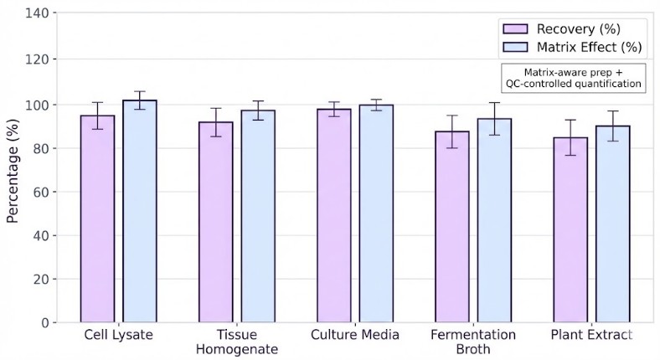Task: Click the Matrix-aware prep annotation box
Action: [573, 77]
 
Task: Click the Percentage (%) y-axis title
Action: [13, 167]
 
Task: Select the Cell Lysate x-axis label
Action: [118, 335]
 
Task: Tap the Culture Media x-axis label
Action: [354, 335]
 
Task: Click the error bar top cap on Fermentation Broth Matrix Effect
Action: [494, 103]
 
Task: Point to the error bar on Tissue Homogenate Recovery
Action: [215, 122]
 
